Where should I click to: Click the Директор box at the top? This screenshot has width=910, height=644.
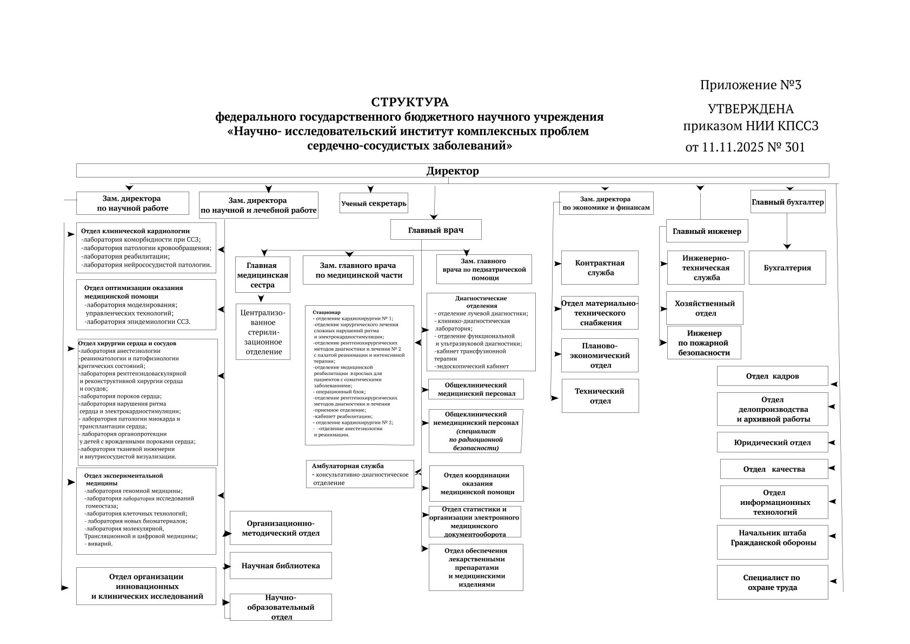[452, 170]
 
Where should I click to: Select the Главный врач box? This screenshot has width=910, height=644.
[435, 229]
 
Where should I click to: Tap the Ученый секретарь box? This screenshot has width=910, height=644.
[374, 203]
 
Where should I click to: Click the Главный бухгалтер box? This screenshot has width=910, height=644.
[787, 202]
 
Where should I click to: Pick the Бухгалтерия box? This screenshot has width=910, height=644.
[787, 267]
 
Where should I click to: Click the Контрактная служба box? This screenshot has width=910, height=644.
[599, 267]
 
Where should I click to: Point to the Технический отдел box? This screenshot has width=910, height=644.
[600, 396]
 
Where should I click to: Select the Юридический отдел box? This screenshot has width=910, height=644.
[772, 442]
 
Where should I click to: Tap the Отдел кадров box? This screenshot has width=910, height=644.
[772, 376]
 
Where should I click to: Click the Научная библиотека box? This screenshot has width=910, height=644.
[281, 566]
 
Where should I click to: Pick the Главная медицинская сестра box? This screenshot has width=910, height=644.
[262, 274]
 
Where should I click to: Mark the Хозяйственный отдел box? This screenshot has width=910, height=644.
[705, 308]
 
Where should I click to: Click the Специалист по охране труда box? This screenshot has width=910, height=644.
[772, 582]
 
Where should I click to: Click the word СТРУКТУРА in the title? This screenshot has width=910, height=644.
[409, 102]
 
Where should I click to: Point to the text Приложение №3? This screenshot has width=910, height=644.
[750, 85]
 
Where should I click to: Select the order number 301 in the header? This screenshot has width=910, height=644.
[793, 147]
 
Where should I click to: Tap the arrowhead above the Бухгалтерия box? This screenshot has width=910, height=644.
[787, 246]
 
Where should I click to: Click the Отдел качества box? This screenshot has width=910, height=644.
[774, 469]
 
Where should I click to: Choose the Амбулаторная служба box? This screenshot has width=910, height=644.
[360, 474]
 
